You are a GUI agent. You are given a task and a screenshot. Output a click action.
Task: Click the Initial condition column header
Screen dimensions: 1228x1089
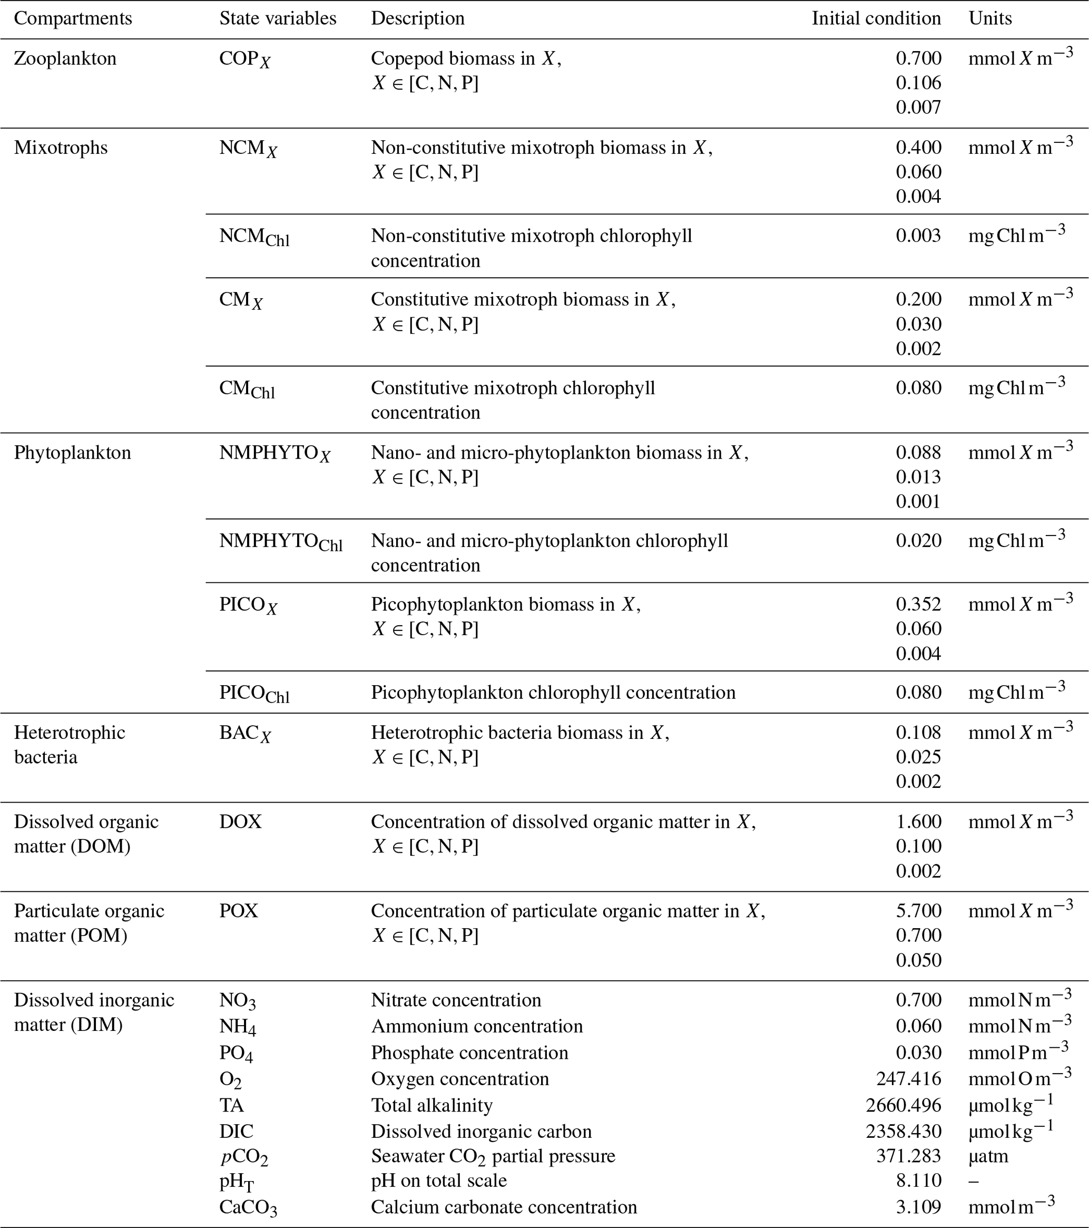pos(876,18)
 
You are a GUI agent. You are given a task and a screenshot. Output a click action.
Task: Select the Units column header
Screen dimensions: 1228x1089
pos(990,18)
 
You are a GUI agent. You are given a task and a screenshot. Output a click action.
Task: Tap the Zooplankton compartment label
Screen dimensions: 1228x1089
pos(65,59)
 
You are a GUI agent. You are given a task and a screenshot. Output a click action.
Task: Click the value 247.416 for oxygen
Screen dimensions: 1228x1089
pos(908,1078)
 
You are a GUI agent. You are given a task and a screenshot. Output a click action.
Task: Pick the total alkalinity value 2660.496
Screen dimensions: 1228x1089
pos(904,1105)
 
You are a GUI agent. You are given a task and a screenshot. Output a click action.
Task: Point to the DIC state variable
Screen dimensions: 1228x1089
pos(236,1131)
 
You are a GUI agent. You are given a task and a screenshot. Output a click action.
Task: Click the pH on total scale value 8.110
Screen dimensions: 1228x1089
pos(918,1181)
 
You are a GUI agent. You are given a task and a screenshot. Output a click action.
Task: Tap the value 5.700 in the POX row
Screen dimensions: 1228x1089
pos(918,911)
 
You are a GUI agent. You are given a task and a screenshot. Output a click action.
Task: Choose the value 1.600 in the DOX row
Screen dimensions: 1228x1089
pos(918,821)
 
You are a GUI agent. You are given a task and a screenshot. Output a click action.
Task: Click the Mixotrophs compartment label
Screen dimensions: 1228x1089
pos(61,147)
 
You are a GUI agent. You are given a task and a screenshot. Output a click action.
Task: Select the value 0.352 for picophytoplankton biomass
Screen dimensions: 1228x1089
pos(918,604)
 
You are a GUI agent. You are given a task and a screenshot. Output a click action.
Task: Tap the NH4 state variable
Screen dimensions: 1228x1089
pos(237,1027)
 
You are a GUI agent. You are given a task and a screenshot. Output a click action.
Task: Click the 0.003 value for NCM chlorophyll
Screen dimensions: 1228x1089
pos(918,236)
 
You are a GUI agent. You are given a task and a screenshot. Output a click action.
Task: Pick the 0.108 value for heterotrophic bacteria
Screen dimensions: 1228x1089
pos(918,733)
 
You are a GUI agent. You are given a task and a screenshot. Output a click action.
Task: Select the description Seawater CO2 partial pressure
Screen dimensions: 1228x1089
pos(493,1156)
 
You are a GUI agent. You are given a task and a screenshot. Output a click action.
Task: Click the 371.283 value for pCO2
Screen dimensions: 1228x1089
pos(908,1156)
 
